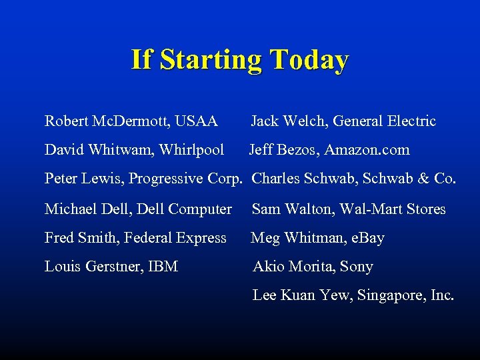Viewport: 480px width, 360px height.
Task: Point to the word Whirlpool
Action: point(192,150)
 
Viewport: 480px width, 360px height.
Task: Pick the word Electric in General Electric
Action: point(409,121)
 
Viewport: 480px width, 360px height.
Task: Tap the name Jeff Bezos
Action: point(285,150)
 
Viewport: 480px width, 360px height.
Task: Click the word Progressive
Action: point(167,179)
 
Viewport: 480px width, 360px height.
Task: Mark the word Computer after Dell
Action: point(200,209)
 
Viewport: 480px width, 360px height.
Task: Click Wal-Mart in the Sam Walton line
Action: point(367,209)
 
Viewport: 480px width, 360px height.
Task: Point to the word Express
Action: point(199,238)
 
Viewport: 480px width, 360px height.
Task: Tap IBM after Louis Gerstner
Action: point(163,267)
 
